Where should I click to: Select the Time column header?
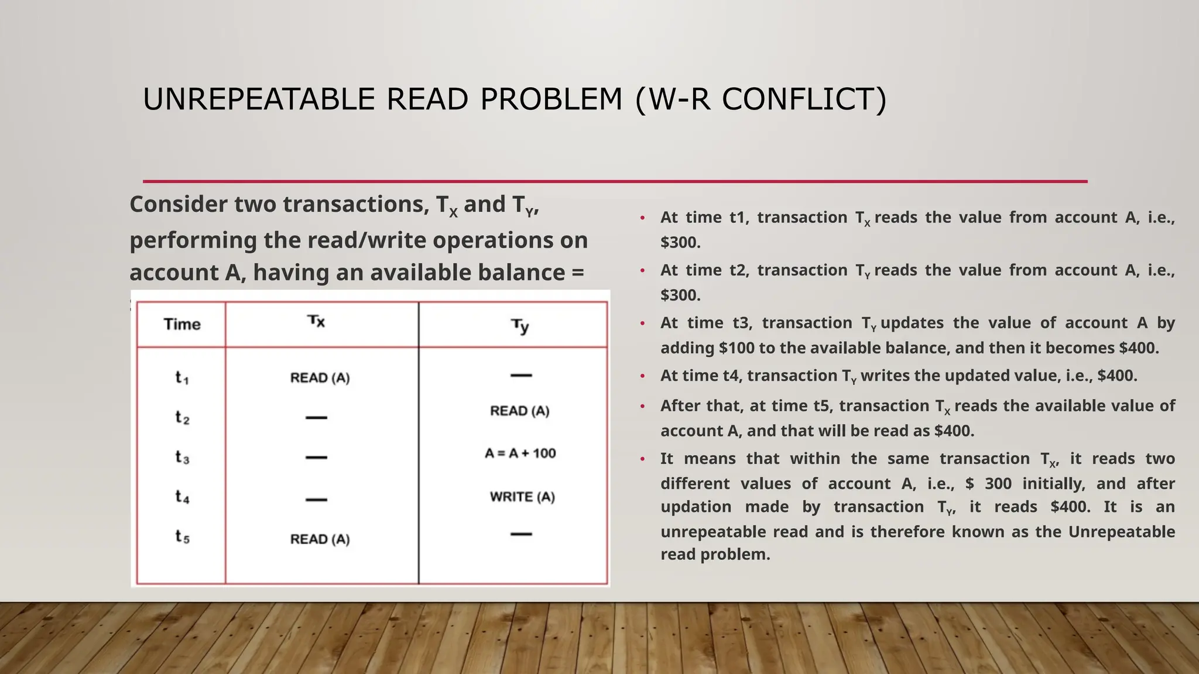click(x=182, y=324)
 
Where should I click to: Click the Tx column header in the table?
click(x=316, y=321)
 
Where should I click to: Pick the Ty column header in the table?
click(x=520, y=326)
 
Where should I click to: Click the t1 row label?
click(x=182, y=378)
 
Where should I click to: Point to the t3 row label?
click(x=182, y=457)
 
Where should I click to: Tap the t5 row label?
click(x=182, y=537)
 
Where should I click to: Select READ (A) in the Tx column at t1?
click(x=320, y=378)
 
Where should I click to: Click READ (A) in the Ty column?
click(x=520, y=411)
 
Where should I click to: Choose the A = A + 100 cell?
click(x=520, y=453)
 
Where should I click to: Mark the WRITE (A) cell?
click(x=522, y=497)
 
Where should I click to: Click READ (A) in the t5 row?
click(x=320, y=539)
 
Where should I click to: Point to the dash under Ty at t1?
click(x=521, y=376)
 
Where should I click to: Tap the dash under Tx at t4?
click(x=316, y=500)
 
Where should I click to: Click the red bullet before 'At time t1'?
click(x=642, y=218)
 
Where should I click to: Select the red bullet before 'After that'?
click(x=642, y=406)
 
